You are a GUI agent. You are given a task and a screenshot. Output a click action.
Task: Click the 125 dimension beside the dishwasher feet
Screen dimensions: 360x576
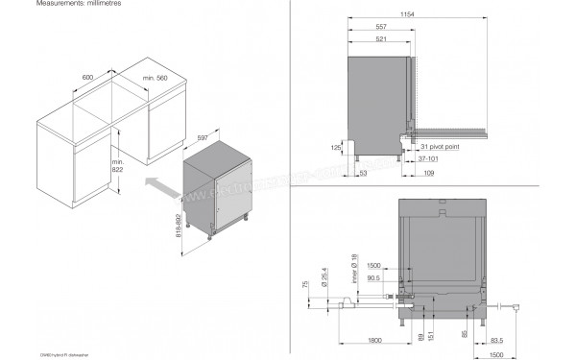coord(336,147)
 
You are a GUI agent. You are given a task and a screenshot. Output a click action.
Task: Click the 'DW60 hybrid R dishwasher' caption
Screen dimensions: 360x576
coord(43,353)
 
